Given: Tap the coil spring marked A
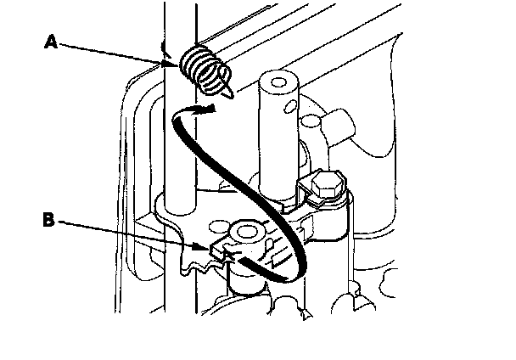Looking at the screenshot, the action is coord(202,67).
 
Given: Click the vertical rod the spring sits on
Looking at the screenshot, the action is coord(179,153).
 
